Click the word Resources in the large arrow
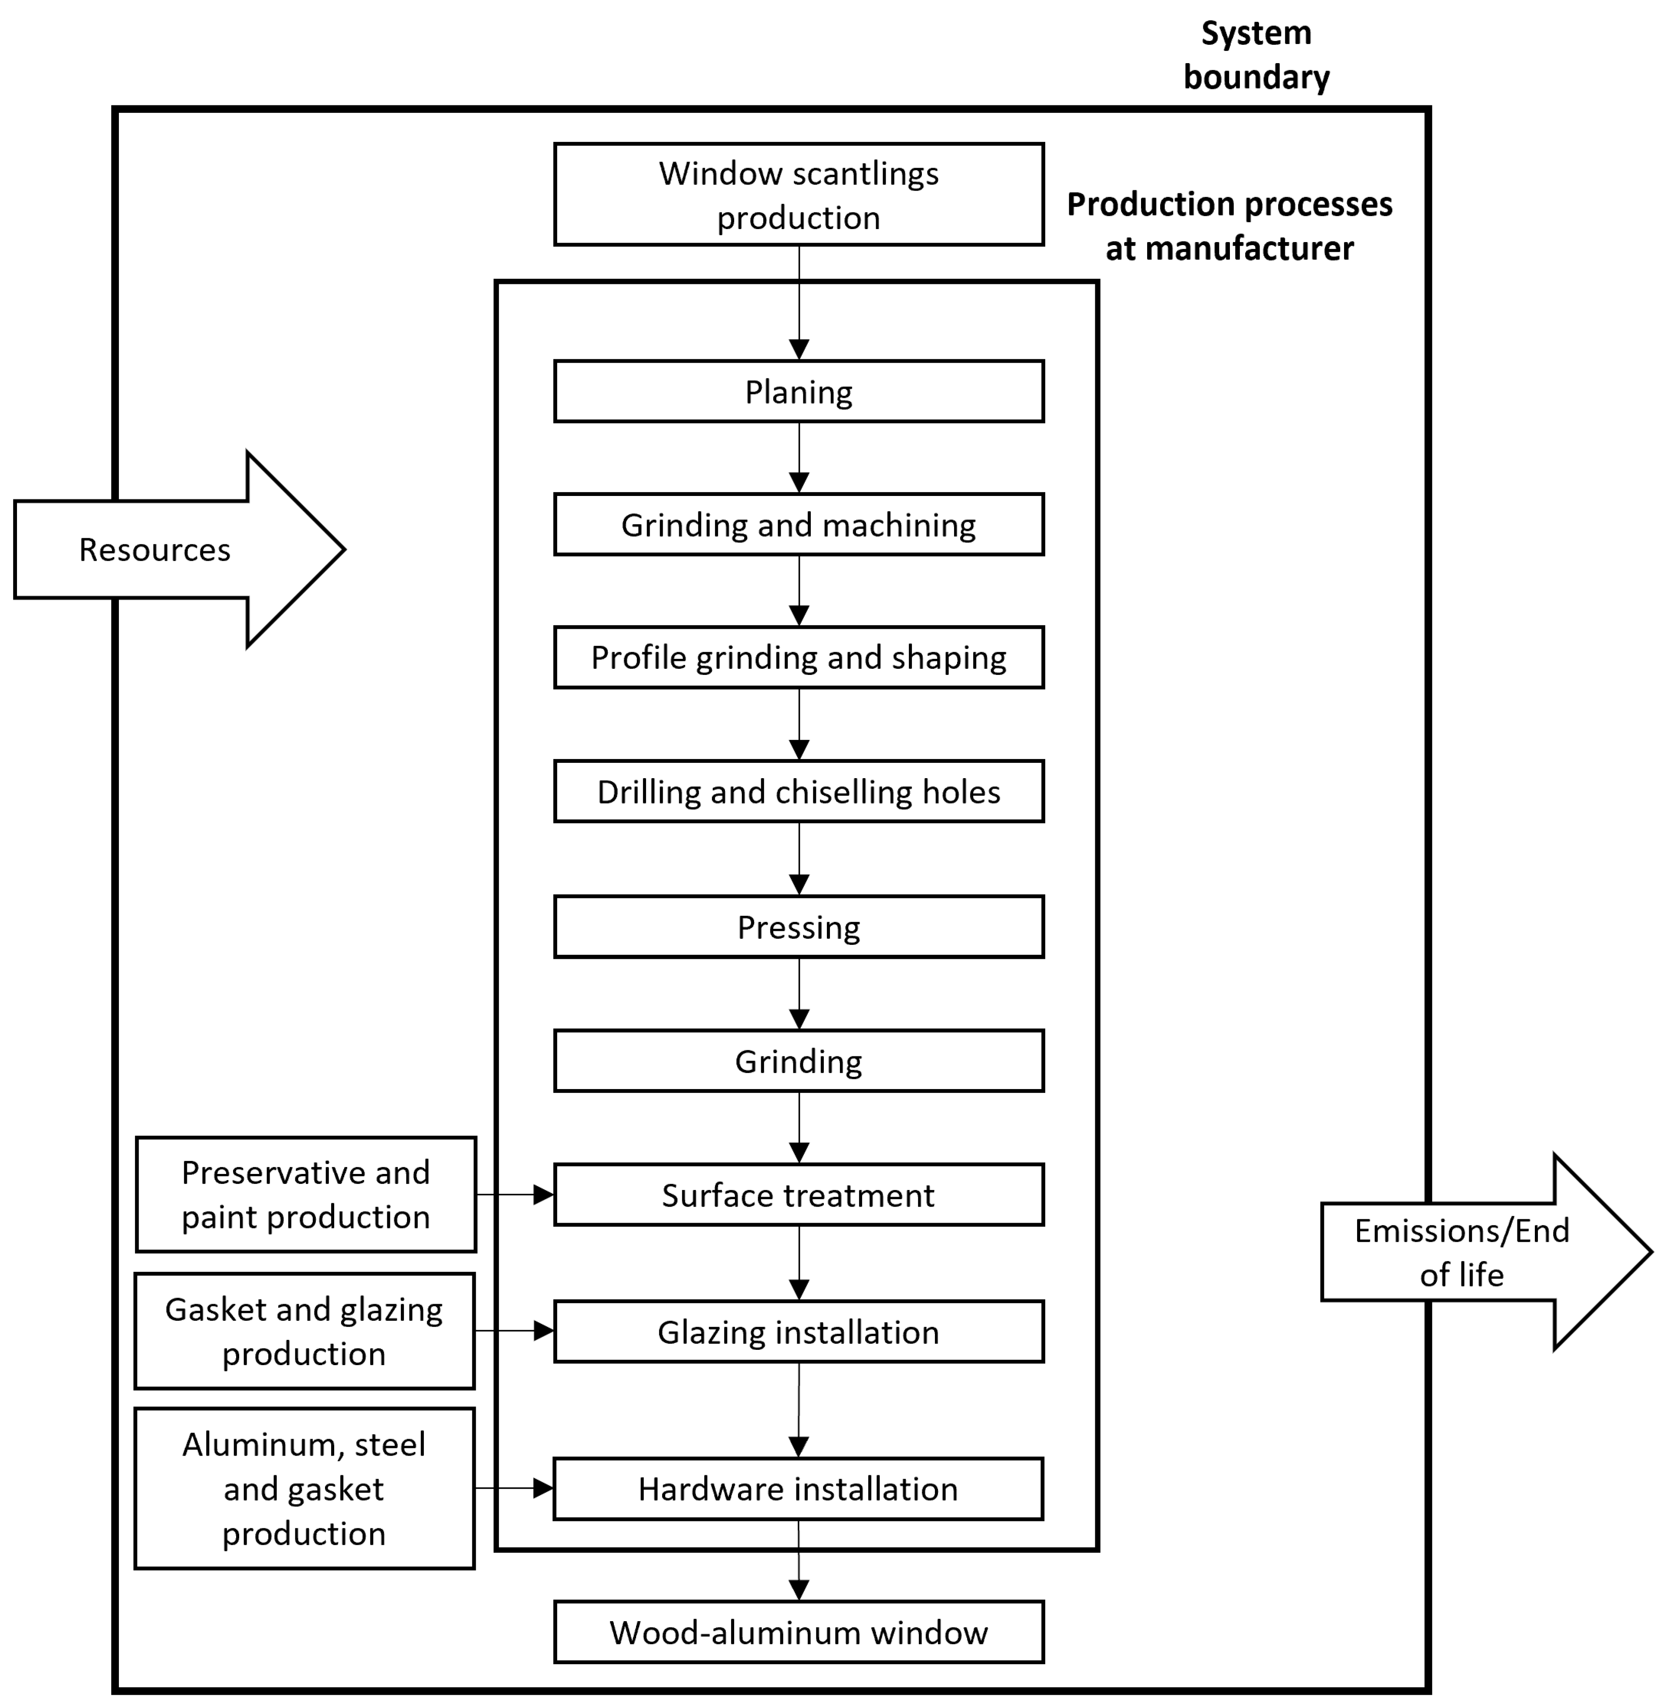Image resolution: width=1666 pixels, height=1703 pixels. (155, 549)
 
